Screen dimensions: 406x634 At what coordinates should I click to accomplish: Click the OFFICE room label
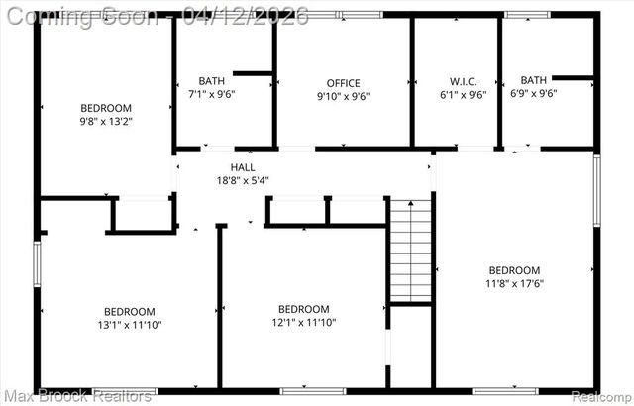click(x=343, y=83)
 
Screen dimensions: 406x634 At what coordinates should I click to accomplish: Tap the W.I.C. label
click(x=464, y=82)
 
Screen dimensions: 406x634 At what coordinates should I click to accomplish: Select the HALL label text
click(x=243, y=168)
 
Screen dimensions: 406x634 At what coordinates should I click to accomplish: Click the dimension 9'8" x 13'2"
click(x=106, y=121)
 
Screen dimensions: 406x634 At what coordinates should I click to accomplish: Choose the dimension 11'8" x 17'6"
click(x=514, y=283)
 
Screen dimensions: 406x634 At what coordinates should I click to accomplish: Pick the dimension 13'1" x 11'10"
click(x=130, y=324)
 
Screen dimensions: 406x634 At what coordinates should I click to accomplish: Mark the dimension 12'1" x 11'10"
click(x=303, y=322)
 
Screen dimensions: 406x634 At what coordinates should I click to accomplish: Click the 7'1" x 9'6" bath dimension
click(x=211, y=95)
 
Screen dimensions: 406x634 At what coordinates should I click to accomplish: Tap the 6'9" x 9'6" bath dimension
click(x=533, y=94)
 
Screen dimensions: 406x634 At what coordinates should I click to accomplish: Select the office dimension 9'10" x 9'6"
click(x=343, y=96)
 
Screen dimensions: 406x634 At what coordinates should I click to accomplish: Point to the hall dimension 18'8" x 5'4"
click(x=243, y=181)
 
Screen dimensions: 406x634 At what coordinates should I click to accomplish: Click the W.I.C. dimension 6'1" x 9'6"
click(x=464, y=95)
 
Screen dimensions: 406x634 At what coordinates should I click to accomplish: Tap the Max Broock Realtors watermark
click(x=77, y=397)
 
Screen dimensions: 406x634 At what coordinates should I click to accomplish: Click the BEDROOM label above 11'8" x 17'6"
click(x=514, y=270)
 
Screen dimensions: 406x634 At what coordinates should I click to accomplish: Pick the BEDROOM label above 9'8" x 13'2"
click(x=106, y=108)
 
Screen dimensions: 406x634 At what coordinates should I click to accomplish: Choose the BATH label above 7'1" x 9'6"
click(x=211, y=82)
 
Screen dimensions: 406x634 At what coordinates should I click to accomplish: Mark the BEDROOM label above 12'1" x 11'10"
click(x=303, y=308)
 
